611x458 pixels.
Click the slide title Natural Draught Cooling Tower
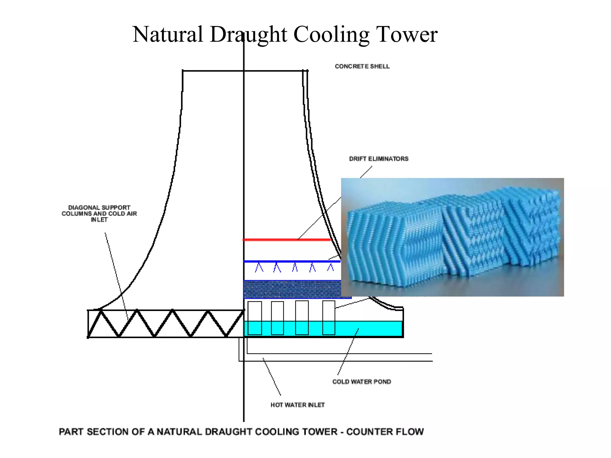pos(285,35)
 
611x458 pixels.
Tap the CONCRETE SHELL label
pos(362,66)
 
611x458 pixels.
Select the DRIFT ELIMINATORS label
pos(379,159)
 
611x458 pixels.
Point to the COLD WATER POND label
pos(362,382)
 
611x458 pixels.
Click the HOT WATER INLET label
pos(297,405)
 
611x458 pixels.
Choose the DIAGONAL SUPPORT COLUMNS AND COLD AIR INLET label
pos(99,213)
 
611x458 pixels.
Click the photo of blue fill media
pos(452,237)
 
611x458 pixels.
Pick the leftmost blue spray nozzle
pos(259,267)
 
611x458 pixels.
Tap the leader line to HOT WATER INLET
pos(271,377)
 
